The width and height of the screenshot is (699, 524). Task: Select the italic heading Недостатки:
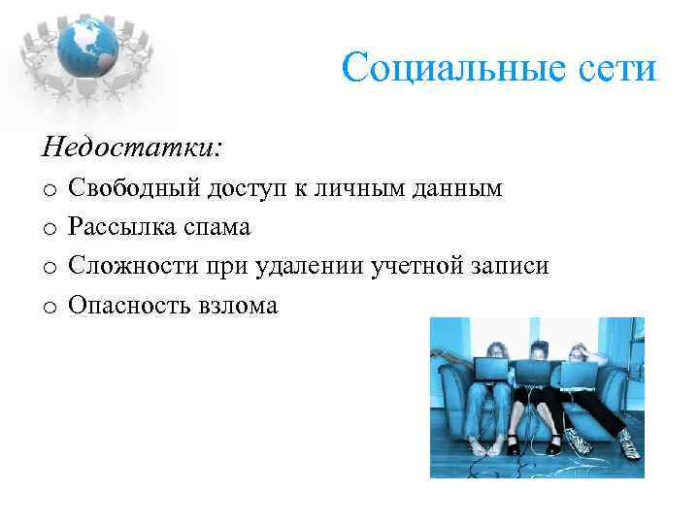point(132,147)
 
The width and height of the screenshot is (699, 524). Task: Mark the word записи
point(509,266)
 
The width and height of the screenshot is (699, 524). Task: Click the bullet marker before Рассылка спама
point(48,228)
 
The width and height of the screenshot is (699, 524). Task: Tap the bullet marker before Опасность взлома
point(48,306)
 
